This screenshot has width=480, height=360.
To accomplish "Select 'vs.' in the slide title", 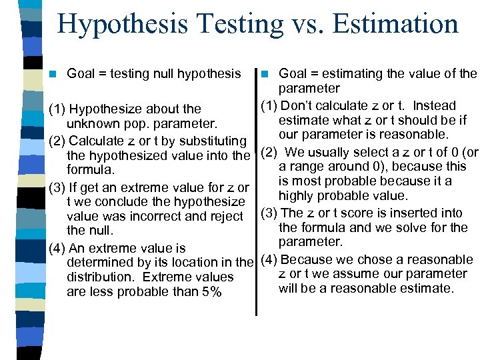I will pos(304,25).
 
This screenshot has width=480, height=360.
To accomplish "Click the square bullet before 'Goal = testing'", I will pos(55,73).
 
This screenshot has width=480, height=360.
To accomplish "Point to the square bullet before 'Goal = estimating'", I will pos(265,73).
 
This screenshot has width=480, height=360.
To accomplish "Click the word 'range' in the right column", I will pos(305,166).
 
